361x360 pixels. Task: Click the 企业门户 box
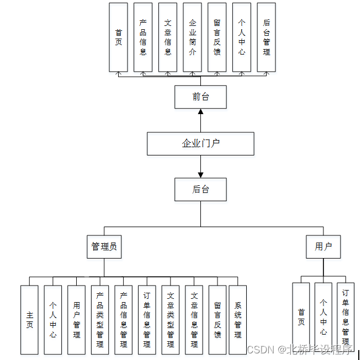point(200,143)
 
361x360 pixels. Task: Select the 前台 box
point(200,97)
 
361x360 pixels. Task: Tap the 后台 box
point(200,189)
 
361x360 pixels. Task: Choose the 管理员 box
point(104,246)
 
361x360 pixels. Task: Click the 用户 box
point(323,246)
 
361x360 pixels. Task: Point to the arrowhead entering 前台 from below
point(200,112)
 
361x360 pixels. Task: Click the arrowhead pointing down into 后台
point(200,174)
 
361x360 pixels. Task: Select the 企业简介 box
point(193,37)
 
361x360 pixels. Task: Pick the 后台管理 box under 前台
point(267,37)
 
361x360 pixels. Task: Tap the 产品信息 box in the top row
point(143,37)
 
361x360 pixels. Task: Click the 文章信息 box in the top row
point(168,37)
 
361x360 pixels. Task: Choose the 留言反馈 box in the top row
point(217,37)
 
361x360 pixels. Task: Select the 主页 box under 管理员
point(29,320)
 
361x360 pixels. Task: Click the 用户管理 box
point(76,320)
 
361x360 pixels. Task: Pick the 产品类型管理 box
point(100,320)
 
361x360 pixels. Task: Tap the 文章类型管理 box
point(171,320)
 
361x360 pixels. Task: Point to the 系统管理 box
point(238,320)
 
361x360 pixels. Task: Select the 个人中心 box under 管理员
point(53,320)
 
